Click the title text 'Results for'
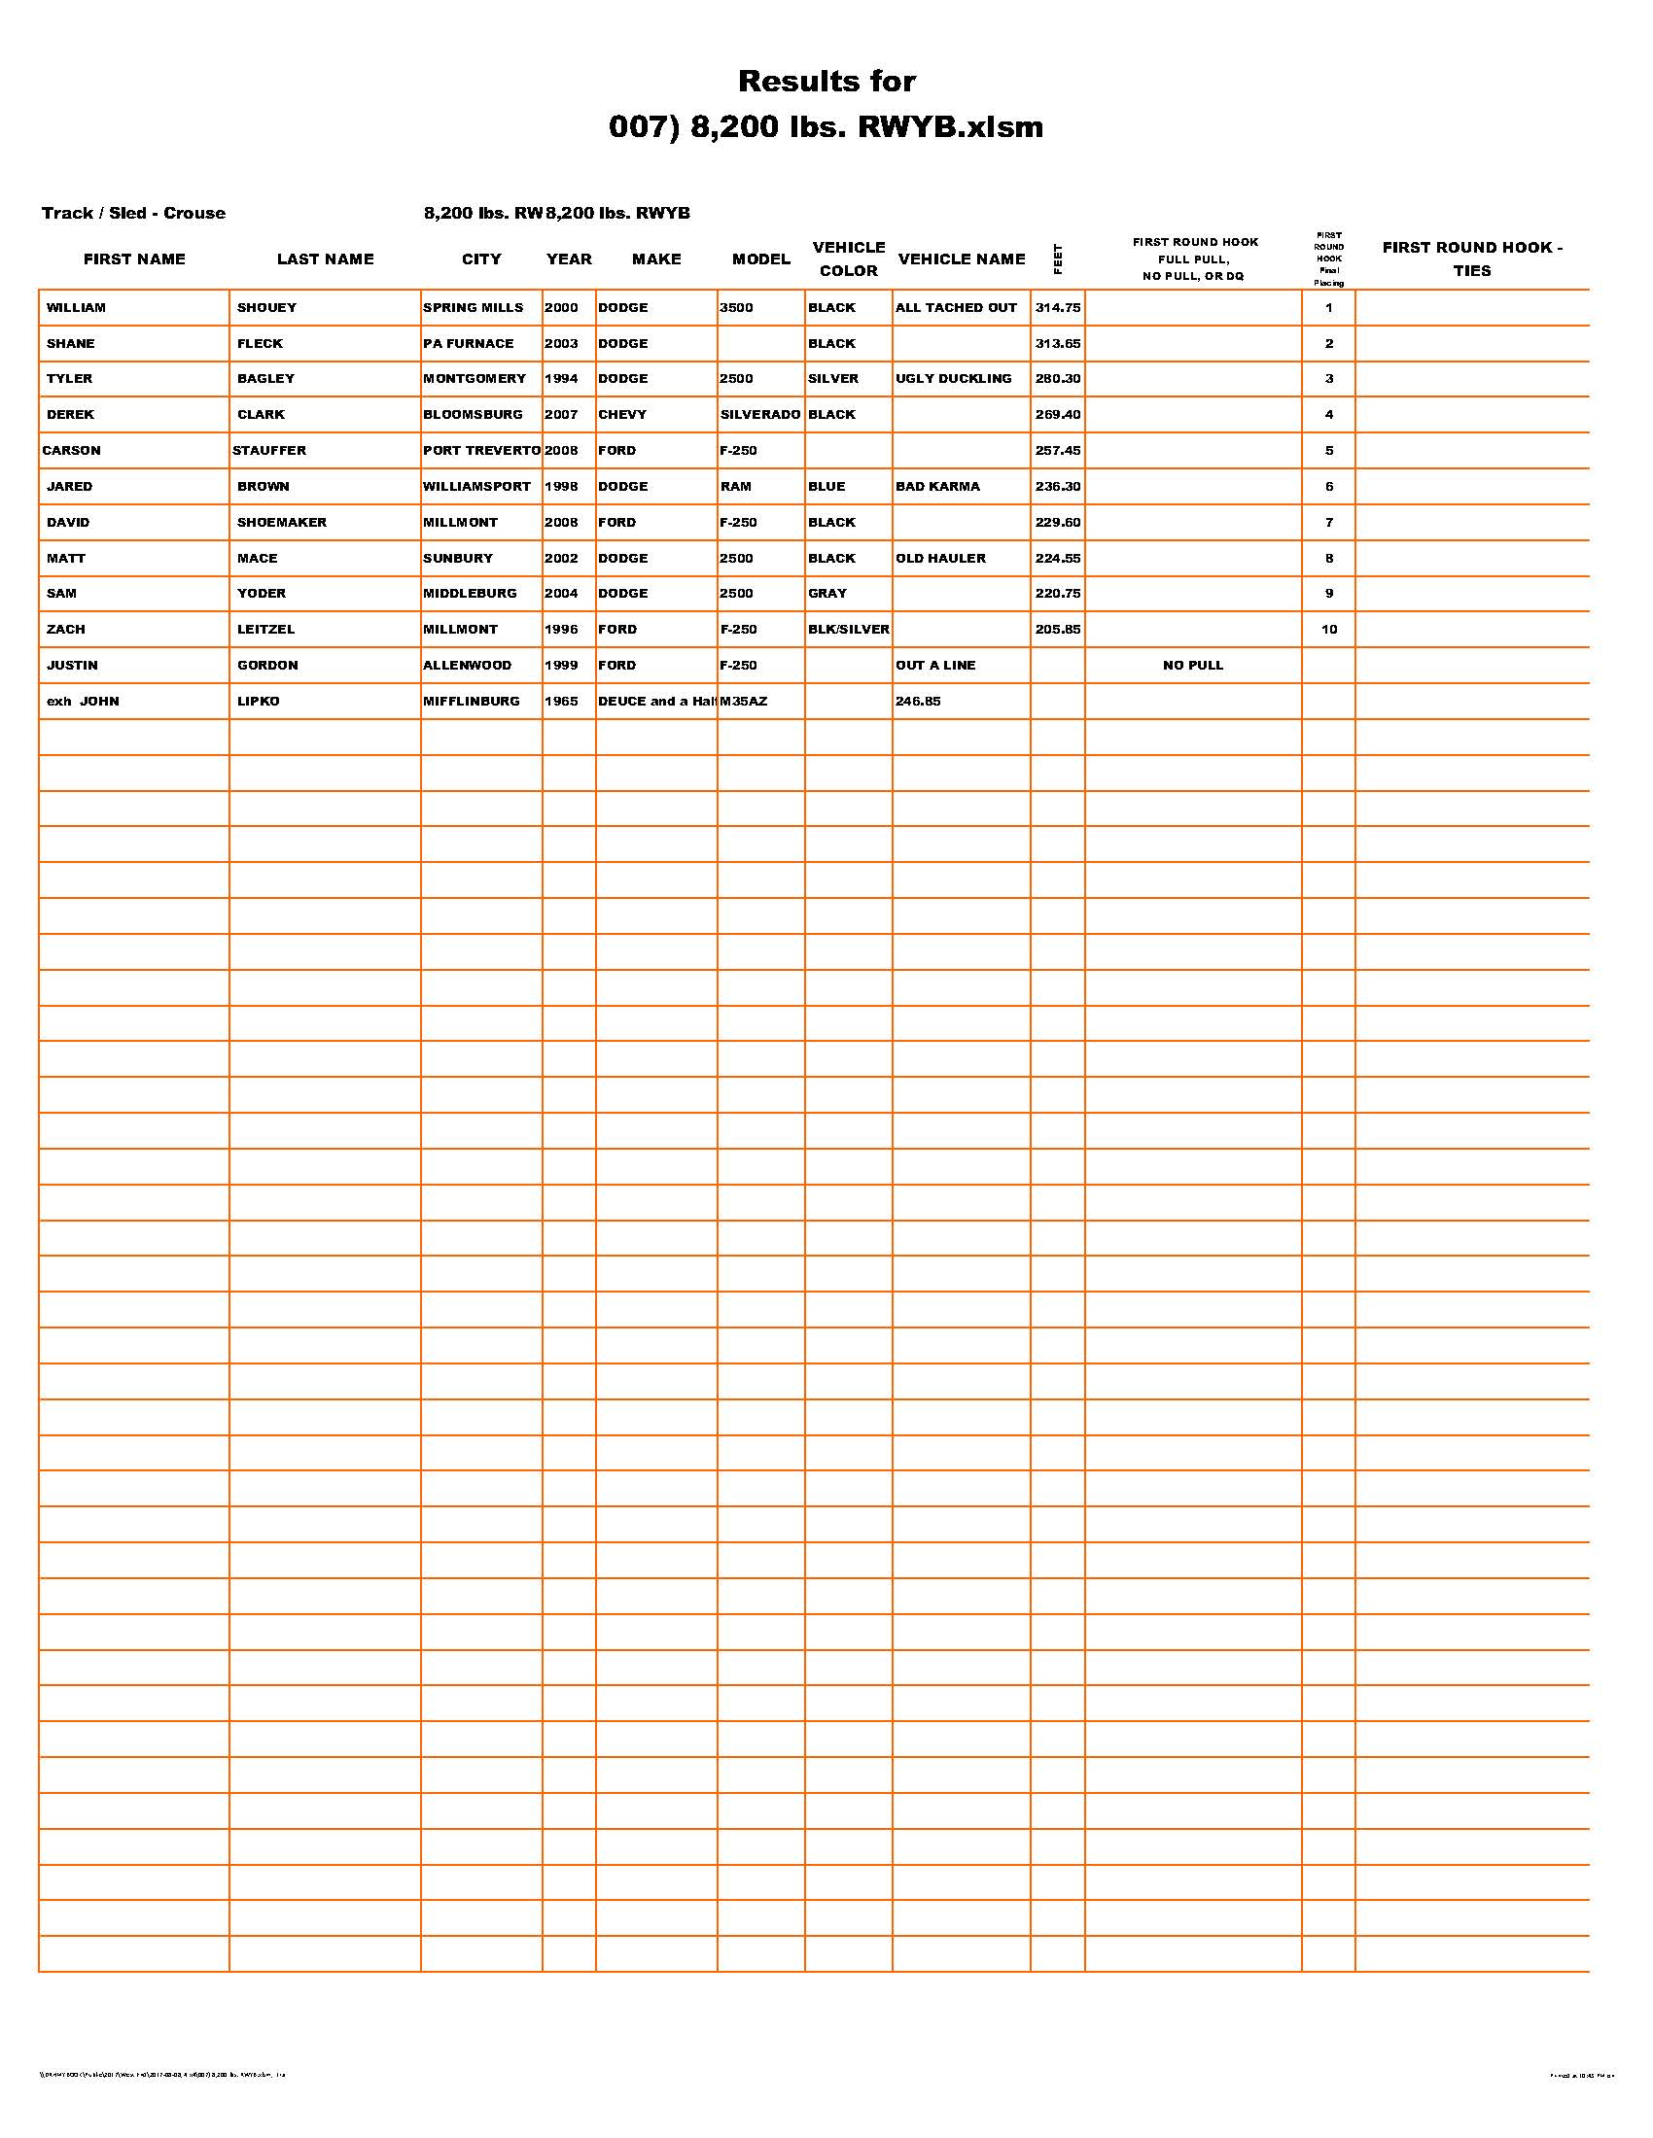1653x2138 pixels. coord(826,82)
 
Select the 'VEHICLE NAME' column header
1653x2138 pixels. coord(961,259)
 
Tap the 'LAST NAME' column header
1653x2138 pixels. coord(325,259)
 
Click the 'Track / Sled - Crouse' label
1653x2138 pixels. coord(133,214)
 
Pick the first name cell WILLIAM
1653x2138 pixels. coord(77,307)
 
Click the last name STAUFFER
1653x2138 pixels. coord(269,450)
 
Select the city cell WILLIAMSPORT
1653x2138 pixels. coord(476,487)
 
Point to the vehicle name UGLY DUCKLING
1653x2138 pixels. coord(953,379)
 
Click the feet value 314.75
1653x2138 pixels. coord(1058,307)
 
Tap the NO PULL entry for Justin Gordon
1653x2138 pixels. coord(1193,666)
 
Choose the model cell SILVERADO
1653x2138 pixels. coord(760,415)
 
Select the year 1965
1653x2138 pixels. coord(561,702)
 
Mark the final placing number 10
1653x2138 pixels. coord(1329,630)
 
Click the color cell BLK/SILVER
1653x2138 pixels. coord(848,630)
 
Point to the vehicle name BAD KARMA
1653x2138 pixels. coord(937,487)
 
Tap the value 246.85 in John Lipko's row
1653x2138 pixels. coord(918,702)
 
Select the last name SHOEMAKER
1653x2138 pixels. coord(282,523)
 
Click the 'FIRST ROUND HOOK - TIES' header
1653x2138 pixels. coord(1472,259)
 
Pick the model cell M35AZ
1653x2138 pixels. coord(744,702)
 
